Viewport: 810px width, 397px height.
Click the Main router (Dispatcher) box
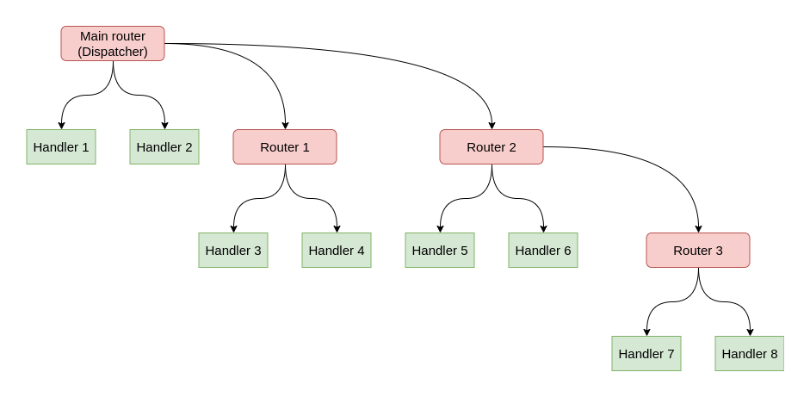[112, 43]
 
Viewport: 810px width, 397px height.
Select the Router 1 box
[284, 147]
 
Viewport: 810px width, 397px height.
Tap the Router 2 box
[491, 147]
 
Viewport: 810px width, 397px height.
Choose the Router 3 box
[697, 251]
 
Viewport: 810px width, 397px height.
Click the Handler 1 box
[60, 147]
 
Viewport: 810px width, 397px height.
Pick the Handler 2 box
[164, 147]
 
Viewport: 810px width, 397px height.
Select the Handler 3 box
[232, 251]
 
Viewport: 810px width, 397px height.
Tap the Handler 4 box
[336, 251]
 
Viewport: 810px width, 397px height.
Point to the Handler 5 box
[439, 251]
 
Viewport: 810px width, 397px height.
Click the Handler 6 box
[542, 251]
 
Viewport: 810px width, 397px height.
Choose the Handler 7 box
[646, 354]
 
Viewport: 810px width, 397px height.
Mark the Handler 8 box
[749, 354]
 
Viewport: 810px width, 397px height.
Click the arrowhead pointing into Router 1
[285, 125]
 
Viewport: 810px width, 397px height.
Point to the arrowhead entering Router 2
[492, 125]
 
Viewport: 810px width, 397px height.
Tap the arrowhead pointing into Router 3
[698, 228]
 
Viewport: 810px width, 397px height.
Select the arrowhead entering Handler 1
[61, 125]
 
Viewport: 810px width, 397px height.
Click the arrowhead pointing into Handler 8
[750, 332]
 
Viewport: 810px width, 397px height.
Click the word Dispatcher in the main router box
[113, 52]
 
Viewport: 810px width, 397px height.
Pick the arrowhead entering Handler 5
[440, 228]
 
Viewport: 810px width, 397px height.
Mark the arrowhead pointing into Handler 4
[337, 228]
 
